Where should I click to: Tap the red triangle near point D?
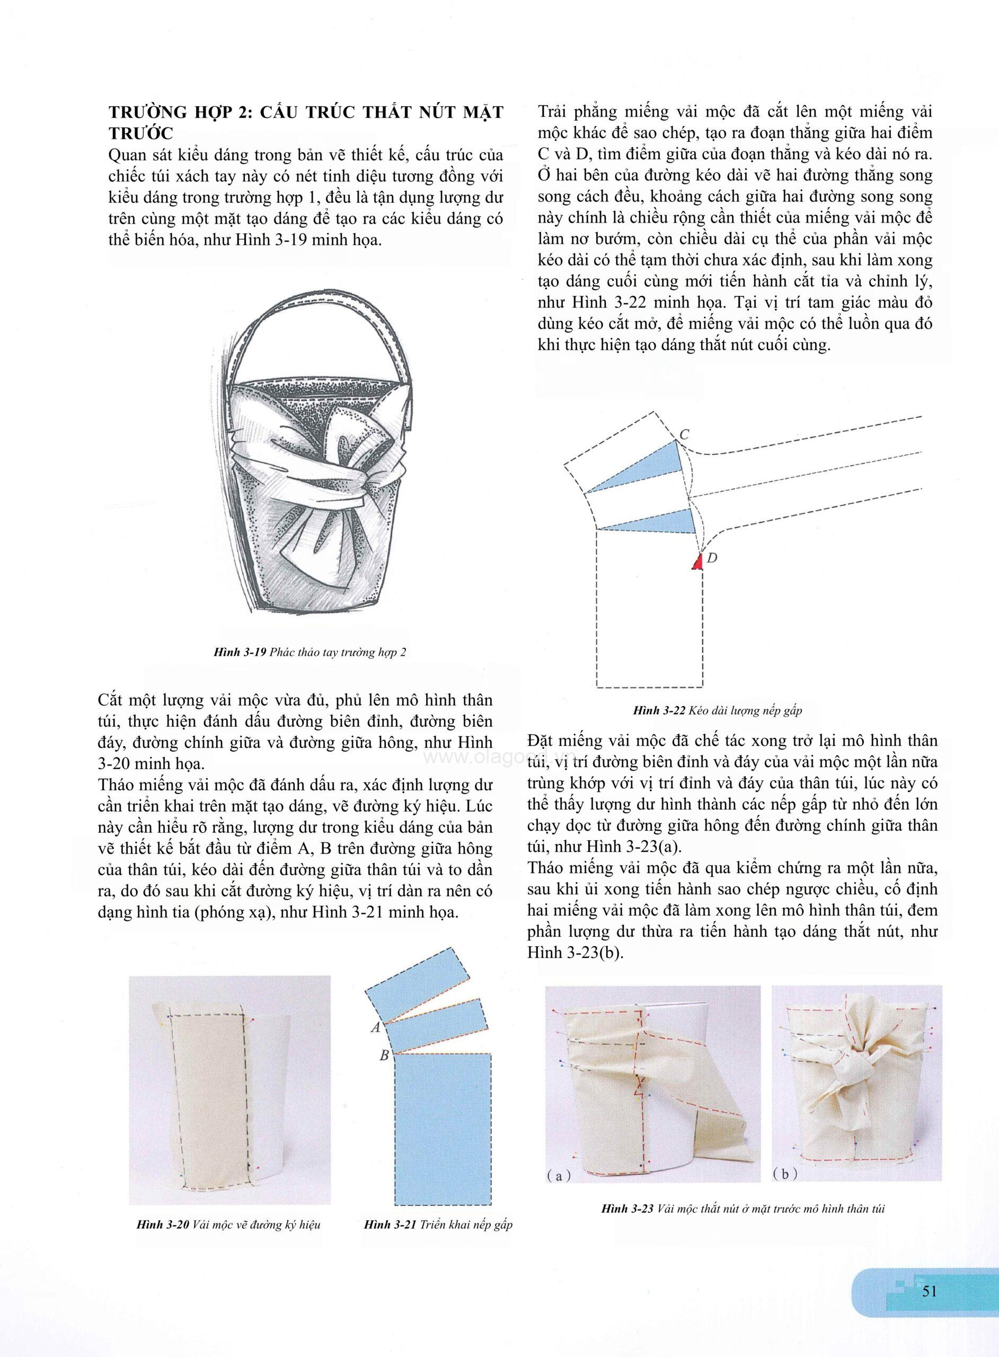click(x=697, y=563)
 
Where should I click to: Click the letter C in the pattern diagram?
click(x=685, y=434)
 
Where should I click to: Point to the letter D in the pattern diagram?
click(x=712, y=558)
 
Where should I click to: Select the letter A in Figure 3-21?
click(x=375, y=1027)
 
